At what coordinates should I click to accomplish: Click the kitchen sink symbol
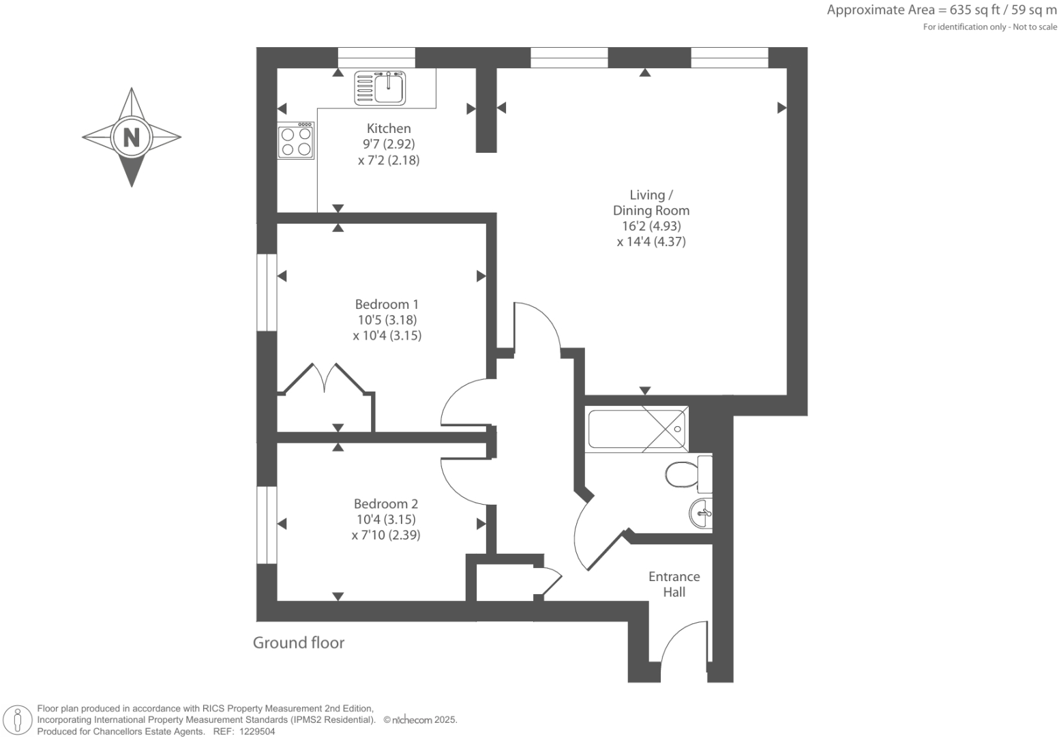(380, 88)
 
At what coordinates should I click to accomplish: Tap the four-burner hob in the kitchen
(296, 141)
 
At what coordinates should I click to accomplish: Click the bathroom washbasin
(701, 512)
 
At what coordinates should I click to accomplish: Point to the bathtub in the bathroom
(637, 429)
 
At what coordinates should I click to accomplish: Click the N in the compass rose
(131, 137)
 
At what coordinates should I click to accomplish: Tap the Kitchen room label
(389, 128)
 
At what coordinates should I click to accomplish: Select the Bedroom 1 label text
(387, 304)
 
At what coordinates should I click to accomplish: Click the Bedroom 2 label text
(385, 504)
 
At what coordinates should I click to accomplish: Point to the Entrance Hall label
(674, 584)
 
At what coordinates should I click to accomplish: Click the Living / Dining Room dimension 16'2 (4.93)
(651, 226)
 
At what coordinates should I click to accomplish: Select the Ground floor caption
(299, 642)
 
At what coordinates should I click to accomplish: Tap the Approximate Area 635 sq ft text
(942, 10)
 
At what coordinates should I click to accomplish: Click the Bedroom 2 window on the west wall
(267, 524)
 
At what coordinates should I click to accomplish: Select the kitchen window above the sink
(376, 57)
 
